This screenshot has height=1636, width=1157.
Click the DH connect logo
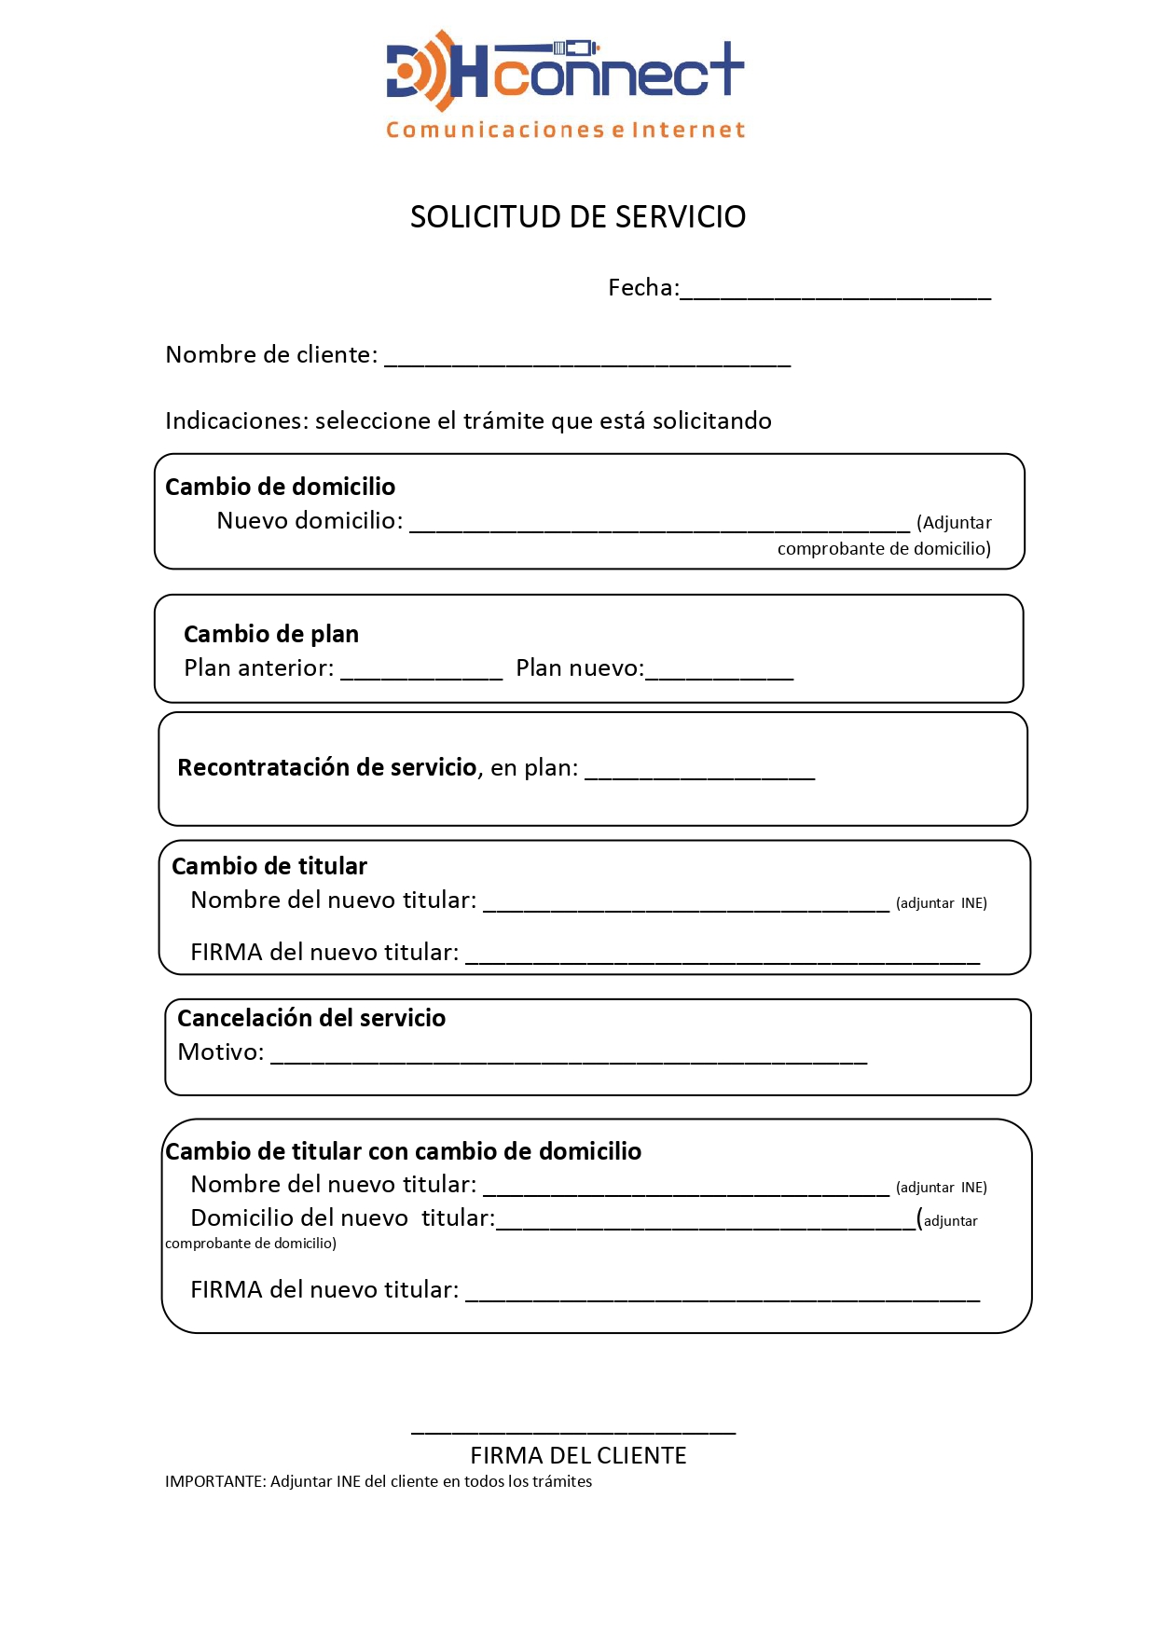[565, 71]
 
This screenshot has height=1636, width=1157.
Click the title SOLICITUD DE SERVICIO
[578, 217]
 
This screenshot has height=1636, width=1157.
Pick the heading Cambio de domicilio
[280, 487]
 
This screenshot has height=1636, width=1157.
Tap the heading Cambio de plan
[271, 634]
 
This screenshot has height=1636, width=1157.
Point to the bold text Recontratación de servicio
[327, 767]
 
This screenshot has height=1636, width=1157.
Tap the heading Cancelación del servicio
[311, 1018]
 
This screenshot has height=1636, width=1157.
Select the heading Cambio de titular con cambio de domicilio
[403, 1151]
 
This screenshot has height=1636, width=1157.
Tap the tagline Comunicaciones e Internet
[566, 130]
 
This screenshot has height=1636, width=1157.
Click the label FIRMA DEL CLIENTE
[578, 1455]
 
